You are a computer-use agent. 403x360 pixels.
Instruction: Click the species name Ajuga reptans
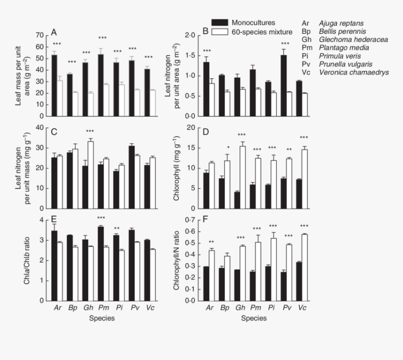point(341,23)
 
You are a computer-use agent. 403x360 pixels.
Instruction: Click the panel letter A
point(54,32)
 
